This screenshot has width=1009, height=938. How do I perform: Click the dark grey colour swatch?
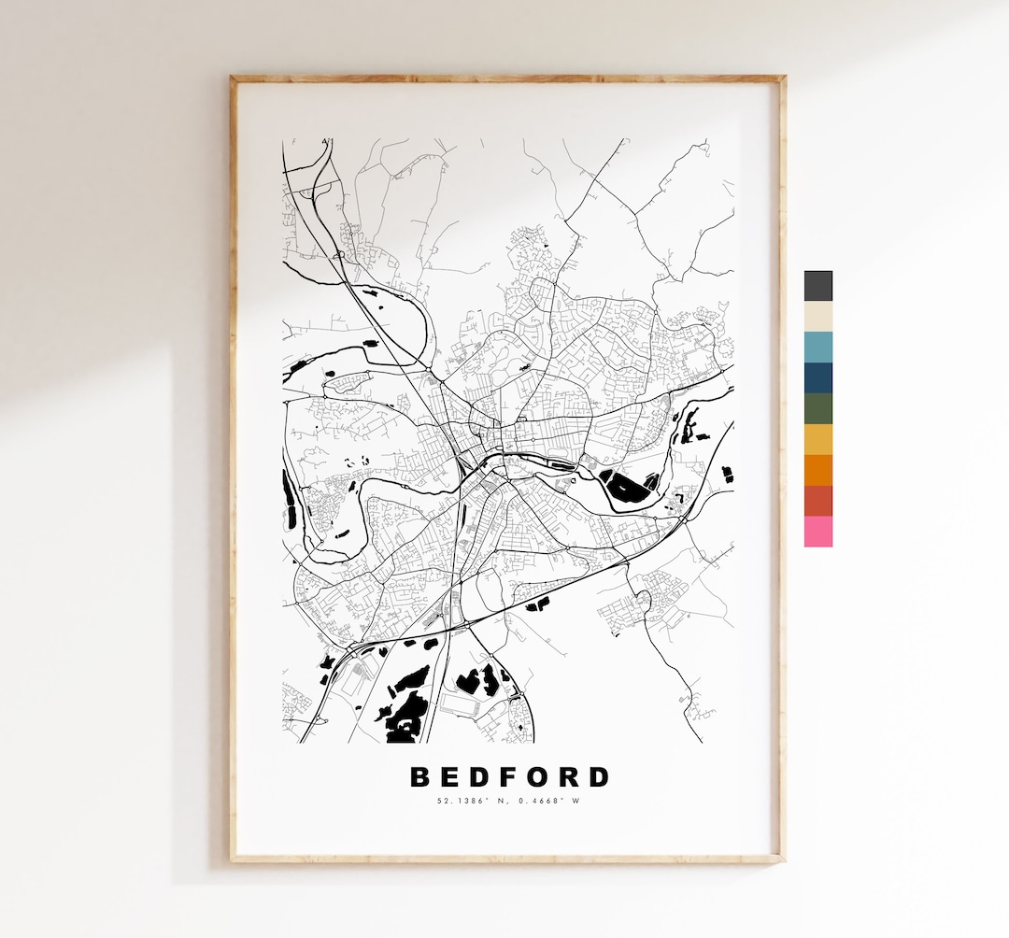(x=817, y=286)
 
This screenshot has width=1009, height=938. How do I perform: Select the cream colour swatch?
(x=817, y=317)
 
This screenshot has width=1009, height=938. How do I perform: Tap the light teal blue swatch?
(x=817, y=348)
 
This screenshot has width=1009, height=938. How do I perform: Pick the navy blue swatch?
(x=817, y=378)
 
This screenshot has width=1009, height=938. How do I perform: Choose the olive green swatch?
(x=817, y=409)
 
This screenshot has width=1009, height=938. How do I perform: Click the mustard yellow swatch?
(x=817, y=440)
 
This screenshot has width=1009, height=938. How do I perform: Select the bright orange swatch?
(x=817, y=470)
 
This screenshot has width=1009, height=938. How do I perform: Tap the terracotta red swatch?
(x=817, y=501)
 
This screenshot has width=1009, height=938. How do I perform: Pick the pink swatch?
(x=817, y=532)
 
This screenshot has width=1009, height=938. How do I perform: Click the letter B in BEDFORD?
(x=420, y=777)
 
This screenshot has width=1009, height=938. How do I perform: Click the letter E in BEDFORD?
(x=450, y=777)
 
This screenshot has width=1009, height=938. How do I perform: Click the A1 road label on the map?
(x=326, y=142)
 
